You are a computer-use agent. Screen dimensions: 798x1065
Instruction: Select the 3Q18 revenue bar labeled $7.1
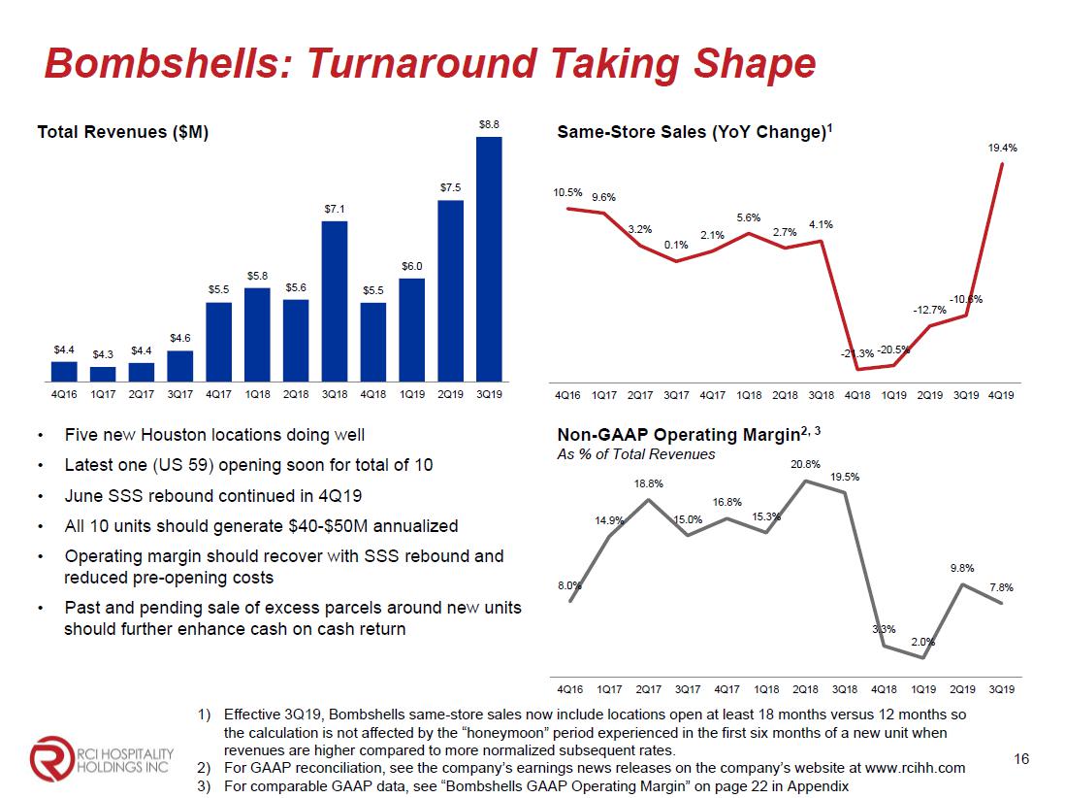(x=335, y=300)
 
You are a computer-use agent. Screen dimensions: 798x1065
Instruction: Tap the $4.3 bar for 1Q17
(x=103, y=373)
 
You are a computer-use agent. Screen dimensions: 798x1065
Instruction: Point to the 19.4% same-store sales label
(x=1002, y=149)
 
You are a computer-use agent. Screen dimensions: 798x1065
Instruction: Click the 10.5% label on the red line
(x=567, y=192)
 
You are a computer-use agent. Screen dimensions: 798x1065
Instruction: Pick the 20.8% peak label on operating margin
(x=806, y=463)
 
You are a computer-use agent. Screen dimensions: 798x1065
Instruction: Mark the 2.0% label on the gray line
(x=922, y=642)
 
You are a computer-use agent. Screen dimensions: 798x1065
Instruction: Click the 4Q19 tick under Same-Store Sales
(x=1002, y=396)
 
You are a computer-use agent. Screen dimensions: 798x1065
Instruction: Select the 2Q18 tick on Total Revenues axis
(x=296, y=396)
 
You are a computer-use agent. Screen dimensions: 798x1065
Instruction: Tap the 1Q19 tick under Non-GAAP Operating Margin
(x=923, y=689)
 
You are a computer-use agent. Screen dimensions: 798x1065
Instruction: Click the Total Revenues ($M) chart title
(x=122, y=132)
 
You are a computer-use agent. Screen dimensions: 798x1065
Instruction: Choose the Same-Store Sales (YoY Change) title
(x=692, y=132)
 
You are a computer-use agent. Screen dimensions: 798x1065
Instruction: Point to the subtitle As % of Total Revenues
(x=635, y=454)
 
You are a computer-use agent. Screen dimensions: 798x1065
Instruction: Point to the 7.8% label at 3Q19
(x=1001, y=587)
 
